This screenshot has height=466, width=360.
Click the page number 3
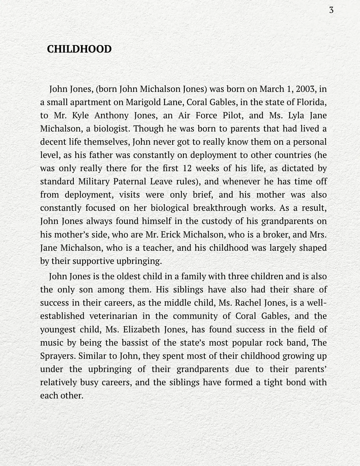(x=331, y=10)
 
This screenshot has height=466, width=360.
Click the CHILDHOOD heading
(x=79, y=49)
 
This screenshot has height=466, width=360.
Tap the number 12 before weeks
(x=187, y=168)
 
